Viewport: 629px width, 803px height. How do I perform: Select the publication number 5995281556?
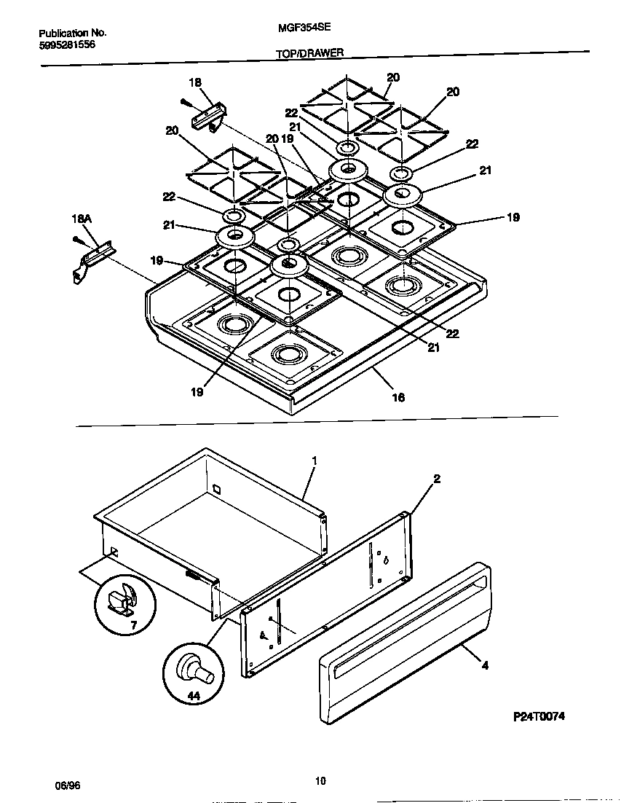point(66,44)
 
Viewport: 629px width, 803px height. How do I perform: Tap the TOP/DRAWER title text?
point(310,53)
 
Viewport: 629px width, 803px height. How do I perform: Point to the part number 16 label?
point(398,397)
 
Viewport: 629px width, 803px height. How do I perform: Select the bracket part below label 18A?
point(91,260)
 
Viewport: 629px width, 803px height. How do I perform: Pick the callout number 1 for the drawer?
point(314,461)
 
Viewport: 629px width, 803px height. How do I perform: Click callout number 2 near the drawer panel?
point(436,479)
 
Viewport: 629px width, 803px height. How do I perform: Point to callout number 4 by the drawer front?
point(485,665)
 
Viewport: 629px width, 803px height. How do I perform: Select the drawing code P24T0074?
point(539,716)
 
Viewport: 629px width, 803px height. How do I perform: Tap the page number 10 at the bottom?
point(320,781)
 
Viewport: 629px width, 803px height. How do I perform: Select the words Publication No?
point(72,33)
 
